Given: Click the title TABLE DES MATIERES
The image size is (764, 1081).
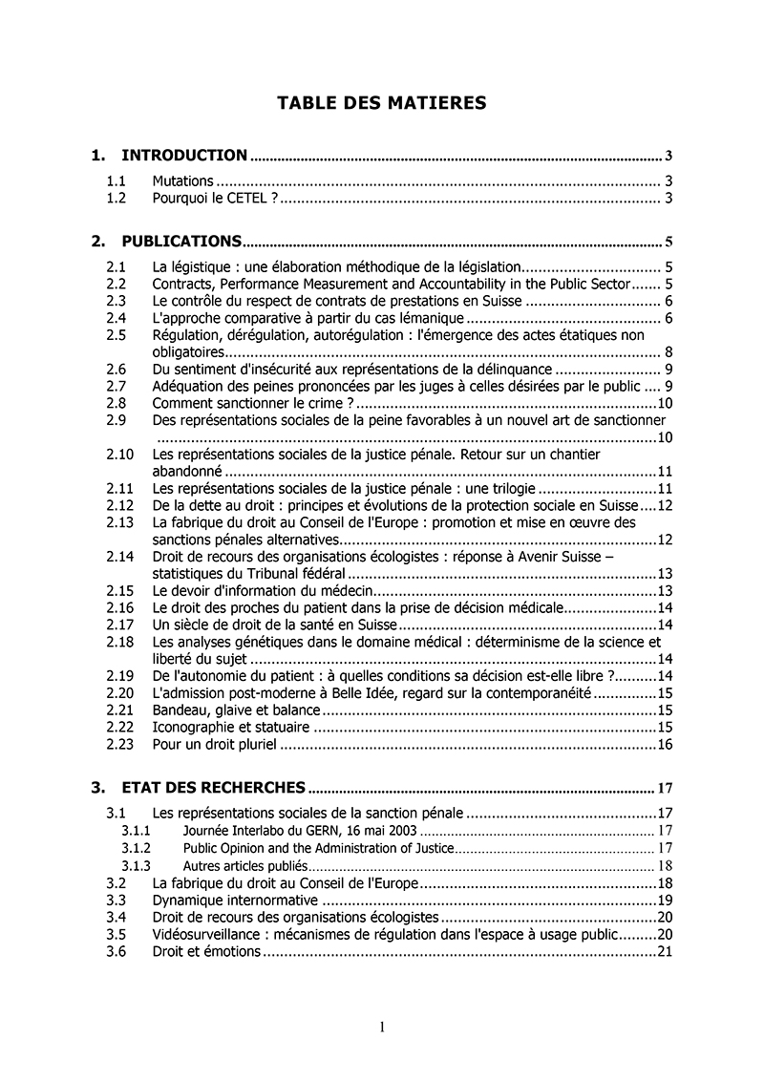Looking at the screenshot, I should click(381, 103).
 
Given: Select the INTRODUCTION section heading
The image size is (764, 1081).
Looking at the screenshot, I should click(184, 155).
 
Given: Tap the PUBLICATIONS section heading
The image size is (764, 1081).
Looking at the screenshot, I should click(180, 241).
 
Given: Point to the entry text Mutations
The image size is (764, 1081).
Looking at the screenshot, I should click(182, 180).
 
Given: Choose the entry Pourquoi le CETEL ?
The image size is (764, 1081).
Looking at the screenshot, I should click(214, 198).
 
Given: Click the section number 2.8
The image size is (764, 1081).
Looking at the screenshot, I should click(117, 403).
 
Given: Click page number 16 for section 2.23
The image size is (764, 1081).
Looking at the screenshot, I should click(666, 744).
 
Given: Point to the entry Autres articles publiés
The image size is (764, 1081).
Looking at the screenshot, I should click(245, 865).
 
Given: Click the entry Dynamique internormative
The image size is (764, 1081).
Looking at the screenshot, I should click(235, 900).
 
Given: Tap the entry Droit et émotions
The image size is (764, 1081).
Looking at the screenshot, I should click(205, 951).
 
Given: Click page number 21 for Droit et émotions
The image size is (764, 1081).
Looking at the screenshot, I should click(666, 951).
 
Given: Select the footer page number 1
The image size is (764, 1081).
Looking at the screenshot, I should click(382, 1028).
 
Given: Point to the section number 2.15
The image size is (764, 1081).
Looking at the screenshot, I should click(119, 590).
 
